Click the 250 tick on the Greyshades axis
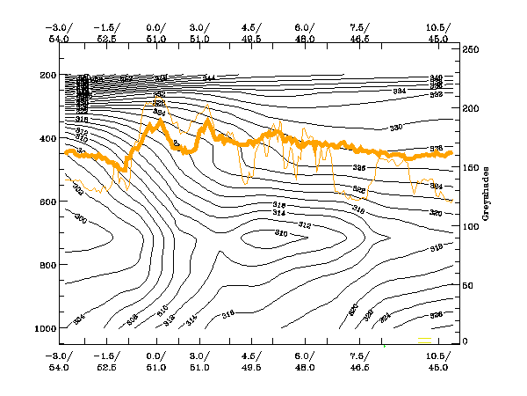click(x=470, y=49)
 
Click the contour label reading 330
click(x=395, y=128)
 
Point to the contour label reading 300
click(x=81, y=218)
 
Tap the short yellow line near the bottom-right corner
click(x=425, y=337)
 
